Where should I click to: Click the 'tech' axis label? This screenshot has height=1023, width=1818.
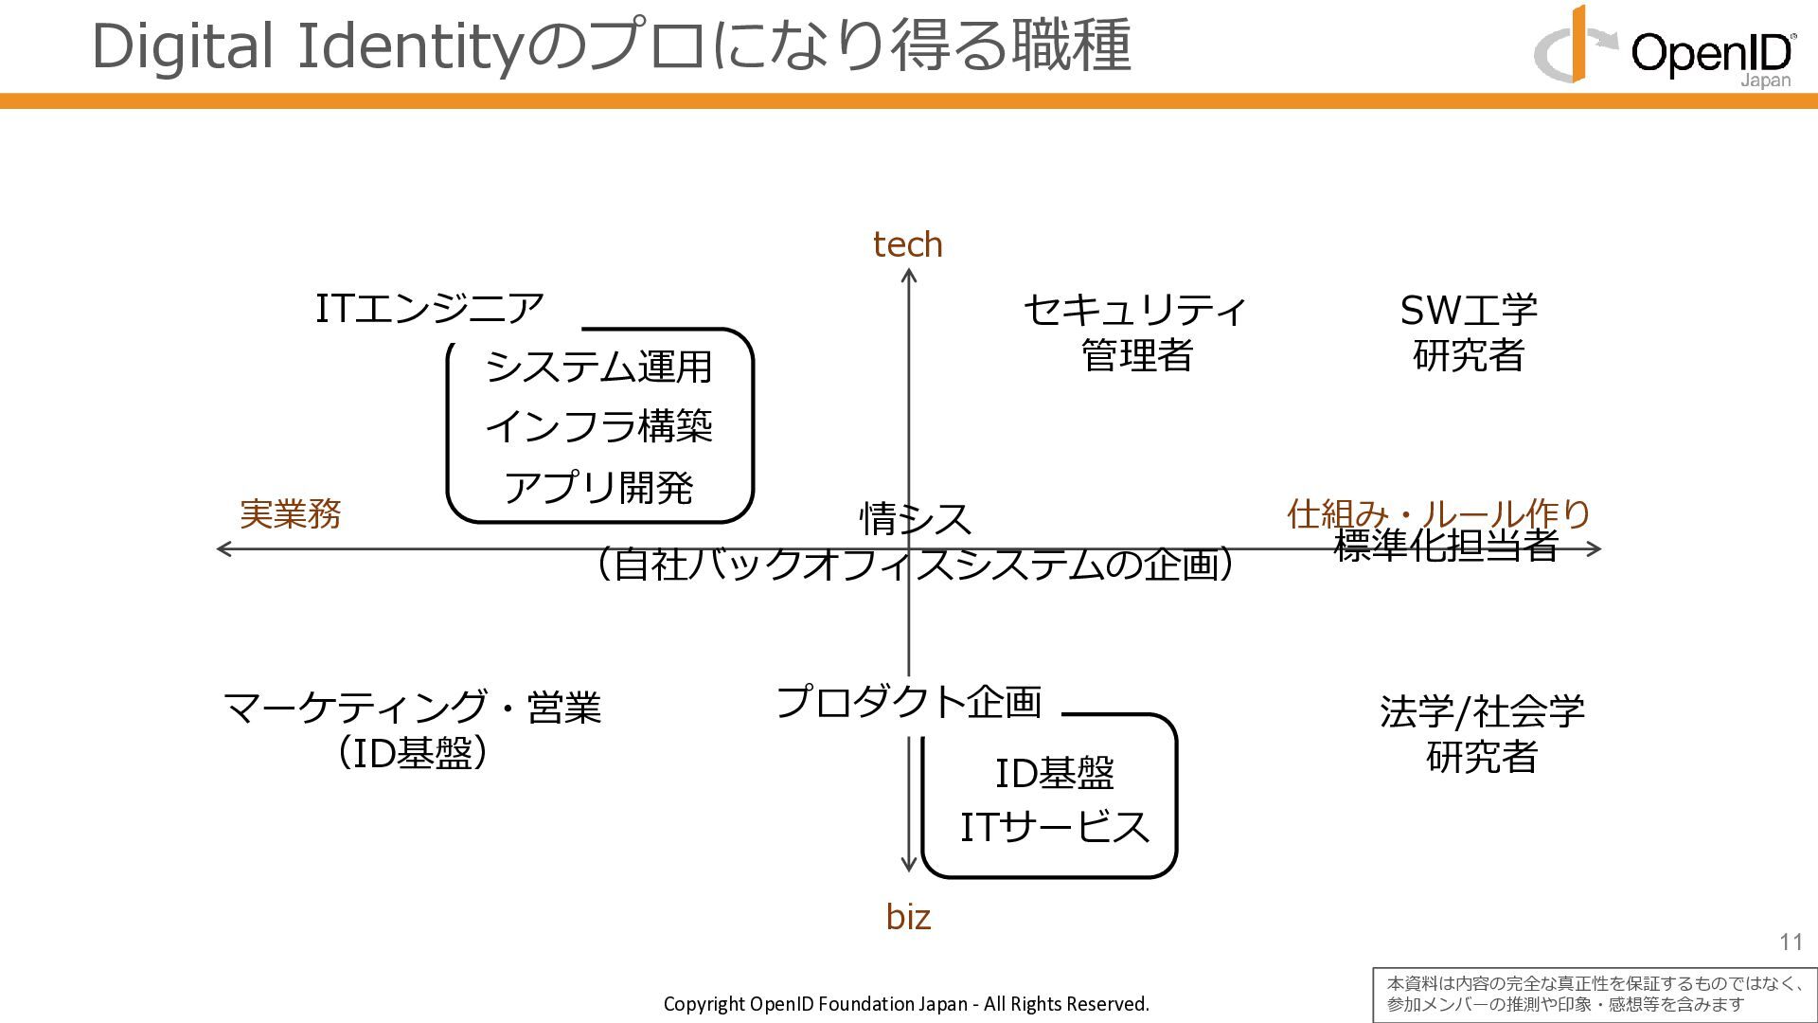907,245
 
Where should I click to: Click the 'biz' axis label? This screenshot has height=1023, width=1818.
908,917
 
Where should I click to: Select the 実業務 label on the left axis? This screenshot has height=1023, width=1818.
290,514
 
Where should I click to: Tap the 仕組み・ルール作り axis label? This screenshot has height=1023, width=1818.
1437,513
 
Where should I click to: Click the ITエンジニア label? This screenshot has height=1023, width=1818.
429,309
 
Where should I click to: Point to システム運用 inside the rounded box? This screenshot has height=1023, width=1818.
598,368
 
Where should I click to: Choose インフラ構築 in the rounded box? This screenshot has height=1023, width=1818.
598,427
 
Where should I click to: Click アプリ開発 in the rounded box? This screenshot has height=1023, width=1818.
598,488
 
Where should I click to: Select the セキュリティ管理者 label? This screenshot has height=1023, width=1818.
1135,332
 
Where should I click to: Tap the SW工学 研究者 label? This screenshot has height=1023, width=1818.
1469,332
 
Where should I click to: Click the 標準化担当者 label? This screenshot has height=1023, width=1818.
1445,547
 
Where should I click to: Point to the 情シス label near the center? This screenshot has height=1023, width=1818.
915,519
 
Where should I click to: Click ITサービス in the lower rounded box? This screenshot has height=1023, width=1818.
1055,828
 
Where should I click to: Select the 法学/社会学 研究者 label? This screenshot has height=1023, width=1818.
1482,734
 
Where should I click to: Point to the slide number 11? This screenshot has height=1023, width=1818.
1791,942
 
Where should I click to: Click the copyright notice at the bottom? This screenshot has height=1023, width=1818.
906,1004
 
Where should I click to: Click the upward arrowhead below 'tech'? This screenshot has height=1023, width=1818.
909,276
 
